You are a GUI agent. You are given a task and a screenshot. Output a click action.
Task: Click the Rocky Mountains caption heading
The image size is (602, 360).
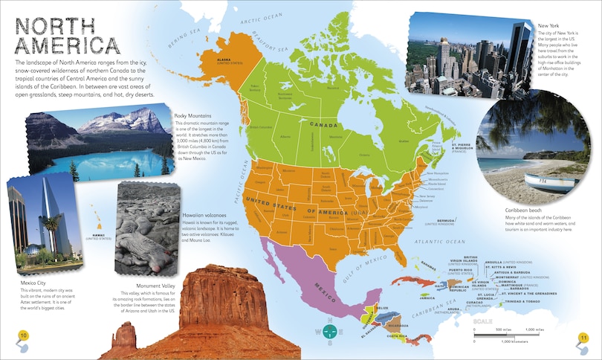[x=192, y=116]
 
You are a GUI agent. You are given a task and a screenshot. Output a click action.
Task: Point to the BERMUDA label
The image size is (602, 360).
[x=445, y=220]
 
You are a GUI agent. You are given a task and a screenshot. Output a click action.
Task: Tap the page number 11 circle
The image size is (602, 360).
[x=584, y=338]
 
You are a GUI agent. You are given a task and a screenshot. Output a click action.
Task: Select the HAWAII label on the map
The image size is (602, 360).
[x=97, y=214]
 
